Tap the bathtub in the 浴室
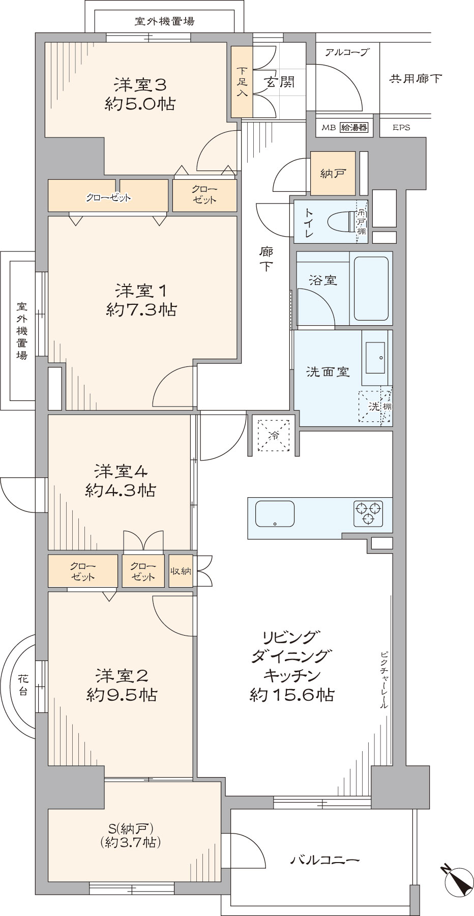[371, 288]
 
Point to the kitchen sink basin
[275, 514]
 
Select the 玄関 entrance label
[279, 82]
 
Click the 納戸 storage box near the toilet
[333, 174]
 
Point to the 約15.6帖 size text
[292, 695]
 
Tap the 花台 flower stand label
[23, 684]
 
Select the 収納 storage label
[181, 571]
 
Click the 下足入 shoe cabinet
[242, 82]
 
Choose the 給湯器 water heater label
[353, 127]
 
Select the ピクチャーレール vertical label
[384, 680]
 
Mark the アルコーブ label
[346, 52]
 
